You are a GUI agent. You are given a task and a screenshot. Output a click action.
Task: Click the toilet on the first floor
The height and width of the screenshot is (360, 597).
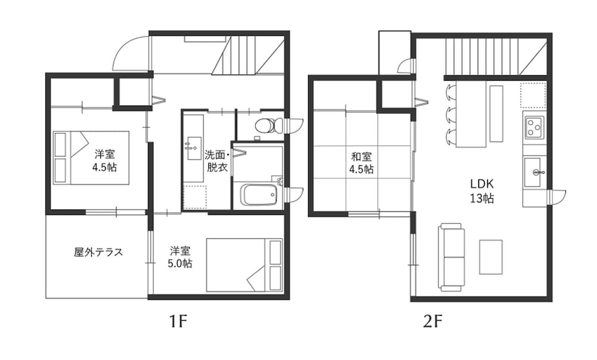point(269,126)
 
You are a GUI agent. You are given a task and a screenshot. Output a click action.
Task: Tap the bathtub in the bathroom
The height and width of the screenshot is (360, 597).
point(260,195)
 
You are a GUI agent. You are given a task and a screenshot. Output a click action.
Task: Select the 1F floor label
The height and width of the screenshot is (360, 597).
point(179,322)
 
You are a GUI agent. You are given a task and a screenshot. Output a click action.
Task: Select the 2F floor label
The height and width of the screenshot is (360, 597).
point(433,322)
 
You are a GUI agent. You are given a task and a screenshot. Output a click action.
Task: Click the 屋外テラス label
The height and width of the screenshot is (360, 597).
point(99,252)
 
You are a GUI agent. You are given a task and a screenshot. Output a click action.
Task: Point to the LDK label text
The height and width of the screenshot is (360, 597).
point(482,184)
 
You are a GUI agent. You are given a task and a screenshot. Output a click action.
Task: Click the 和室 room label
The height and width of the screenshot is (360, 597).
point(362,156)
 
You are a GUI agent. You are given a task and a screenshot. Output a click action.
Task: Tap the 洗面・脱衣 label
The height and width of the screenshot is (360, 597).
point(217,161)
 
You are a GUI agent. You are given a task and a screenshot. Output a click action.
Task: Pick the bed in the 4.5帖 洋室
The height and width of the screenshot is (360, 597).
point(91,158)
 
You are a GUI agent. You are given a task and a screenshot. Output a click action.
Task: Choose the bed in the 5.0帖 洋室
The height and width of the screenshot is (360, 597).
point(244,265)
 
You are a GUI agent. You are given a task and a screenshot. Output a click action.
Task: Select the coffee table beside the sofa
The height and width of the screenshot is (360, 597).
point(491,257)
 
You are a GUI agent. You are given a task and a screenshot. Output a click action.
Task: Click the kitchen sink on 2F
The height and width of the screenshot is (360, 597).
point(533,173)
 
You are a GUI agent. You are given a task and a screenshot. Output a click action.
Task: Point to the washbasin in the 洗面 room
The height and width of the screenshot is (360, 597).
point(193,147)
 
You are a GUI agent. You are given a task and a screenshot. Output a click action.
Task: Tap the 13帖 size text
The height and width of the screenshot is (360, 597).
point(482,198)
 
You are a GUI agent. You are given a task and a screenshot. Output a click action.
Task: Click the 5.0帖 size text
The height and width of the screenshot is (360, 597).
point(180,263)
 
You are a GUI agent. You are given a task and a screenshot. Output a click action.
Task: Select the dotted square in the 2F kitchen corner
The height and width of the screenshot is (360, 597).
point(533,95)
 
